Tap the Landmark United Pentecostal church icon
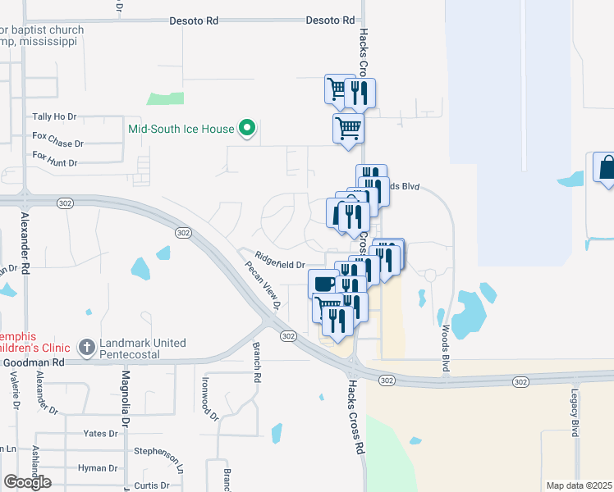click(x=86, y=348)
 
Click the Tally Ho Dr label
click(x=53, y=117)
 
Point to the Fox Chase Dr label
click(x=57, y=139)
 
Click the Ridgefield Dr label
click(x=280, y=263)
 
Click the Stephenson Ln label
click(x=156, y=451)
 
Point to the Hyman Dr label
click(x=98, y=468)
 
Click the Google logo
click(x=27, y=482)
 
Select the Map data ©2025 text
click(x=579, y=485)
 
